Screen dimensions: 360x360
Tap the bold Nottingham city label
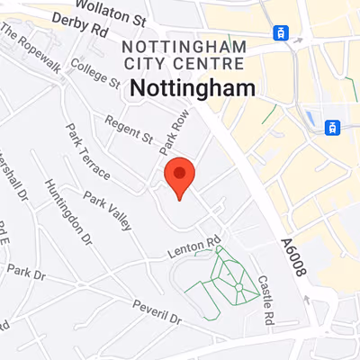tap(193, 87)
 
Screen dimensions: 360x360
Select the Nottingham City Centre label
tap(183, 54)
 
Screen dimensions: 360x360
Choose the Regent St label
tap(128, 128)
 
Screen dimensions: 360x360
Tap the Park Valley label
tap(107, 208)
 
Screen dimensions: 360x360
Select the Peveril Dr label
tap(155, 317)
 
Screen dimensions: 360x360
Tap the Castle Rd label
tap(265, 300)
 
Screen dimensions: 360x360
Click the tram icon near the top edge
tap(282, 33)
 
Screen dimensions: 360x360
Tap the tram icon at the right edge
tap(333, 127)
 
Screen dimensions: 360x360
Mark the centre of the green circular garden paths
tap(238, 287)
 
